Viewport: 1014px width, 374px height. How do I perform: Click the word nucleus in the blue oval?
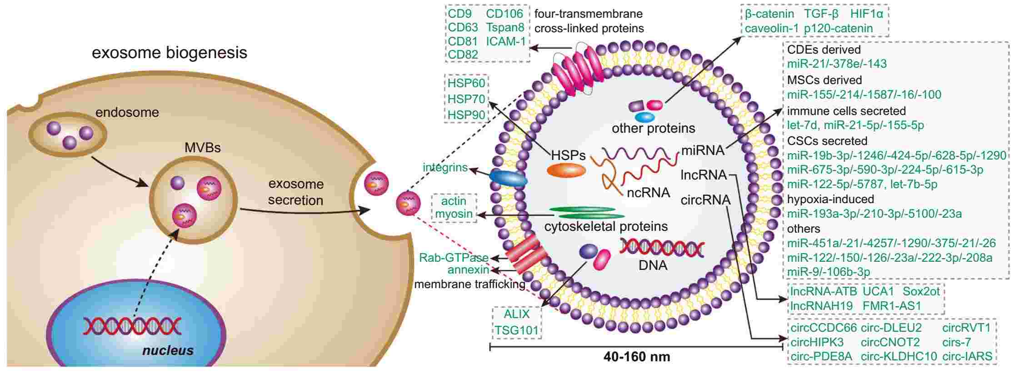pos(168,350)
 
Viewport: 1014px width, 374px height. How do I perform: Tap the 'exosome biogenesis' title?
pos(170,53)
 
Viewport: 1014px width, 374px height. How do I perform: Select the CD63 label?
pos(463,28)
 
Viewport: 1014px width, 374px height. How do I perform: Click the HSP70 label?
pos(466,99)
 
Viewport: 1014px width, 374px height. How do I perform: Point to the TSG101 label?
pos(517,330)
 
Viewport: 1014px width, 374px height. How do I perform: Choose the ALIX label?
pos(517,314)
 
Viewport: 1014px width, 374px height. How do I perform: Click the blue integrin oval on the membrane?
pos(508,179)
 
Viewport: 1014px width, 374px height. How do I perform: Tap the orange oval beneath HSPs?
pos(566,170)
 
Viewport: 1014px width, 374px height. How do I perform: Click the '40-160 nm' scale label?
pos(636,357)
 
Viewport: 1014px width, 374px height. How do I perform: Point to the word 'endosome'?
pos(127,112)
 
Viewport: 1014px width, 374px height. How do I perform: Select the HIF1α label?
pos(867,14)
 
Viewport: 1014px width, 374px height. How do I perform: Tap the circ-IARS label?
pos(967,357)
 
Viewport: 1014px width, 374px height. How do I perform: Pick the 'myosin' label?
pos(454,214)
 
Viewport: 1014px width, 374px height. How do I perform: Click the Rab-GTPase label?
pos(454,258)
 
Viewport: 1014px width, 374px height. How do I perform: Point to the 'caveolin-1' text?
pos(771,28)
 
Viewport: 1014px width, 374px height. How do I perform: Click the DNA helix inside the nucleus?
pos(132,326)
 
